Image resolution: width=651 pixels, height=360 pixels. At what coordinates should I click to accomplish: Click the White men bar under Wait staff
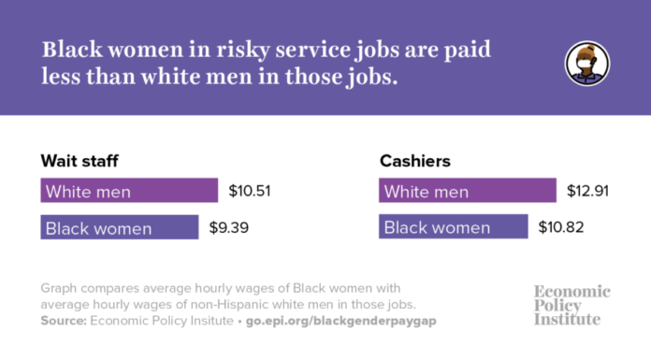(129, 192)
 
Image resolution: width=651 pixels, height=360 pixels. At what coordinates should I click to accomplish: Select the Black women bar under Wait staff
(120, 227)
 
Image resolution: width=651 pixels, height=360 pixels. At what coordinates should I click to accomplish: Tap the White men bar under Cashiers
(468, 192)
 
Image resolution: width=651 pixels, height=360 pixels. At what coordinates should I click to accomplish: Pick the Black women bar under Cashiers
(454, 227)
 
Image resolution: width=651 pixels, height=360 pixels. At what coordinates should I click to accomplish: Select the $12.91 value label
(586, 192)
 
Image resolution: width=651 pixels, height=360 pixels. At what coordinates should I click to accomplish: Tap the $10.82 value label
(558, 227)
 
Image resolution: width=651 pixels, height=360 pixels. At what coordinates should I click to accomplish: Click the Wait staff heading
(80, 161)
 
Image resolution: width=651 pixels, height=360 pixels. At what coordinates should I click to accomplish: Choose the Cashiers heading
(414, 161)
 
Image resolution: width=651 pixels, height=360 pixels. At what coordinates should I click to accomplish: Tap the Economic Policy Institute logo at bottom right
(571, 305)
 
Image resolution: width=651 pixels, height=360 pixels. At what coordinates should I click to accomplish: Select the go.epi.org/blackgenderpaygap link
(340, 321)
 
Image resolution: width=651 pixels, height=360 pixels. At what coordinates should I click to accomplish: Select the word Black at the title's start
(72, 50)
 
